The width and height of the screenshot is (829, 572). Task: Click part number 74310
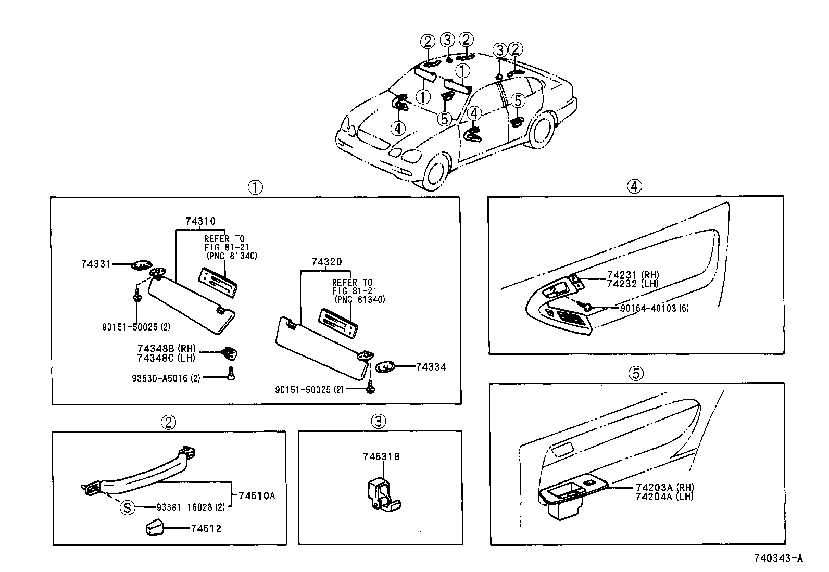pos(200,221)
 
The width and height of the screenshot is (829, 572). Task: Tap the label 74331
pos(96,264)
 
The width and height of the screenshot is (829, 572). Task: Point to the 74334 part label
pos(431,367)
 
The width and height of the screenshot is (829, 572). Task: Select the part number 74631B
pos(381,457)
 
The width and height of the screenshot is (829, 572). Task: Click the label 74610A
pos(256,495)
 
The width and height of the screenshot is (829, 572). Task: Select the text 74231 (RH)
pos(633,275)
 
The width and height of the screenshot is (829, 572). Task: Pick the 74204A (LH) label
pos(664,497)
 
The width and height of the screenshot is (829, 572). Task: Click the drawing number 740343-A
pos(778,558)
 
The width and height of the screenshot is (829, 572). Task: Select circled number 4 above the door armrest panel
pos(634,186)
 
